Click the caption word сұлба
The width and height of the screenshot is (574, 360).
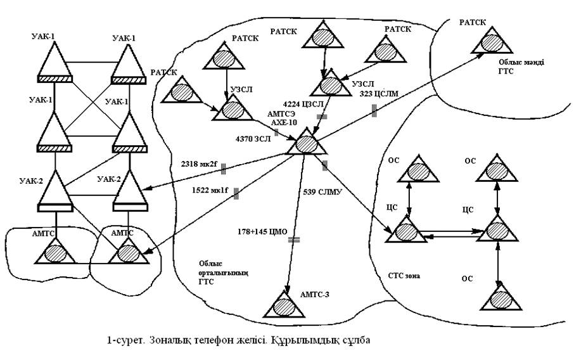pos(356,341)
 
